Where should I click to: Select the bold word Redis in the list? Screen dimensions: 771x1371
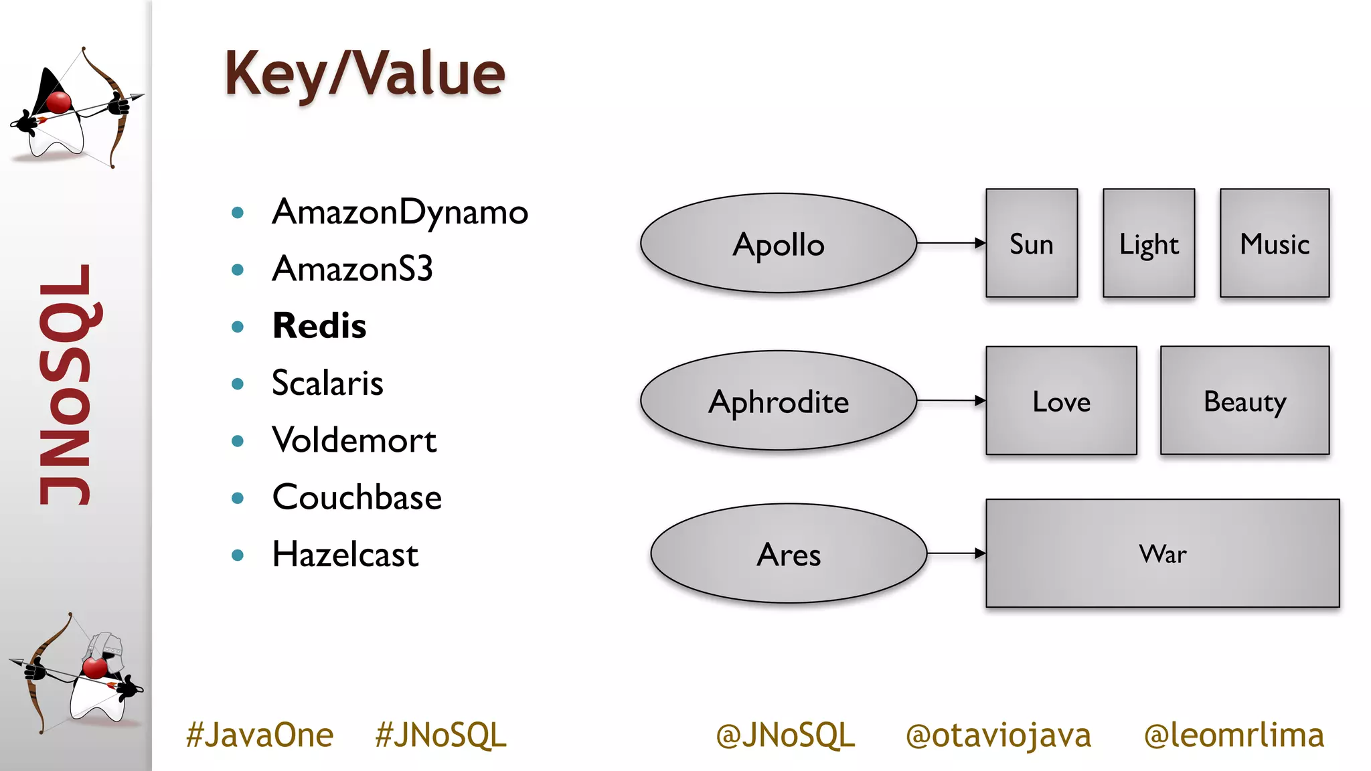(319, 326)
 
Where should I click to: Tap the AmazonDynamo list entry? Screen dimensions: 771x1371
(400, 213)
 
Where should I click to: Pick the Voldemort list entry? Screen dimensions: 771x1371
(354, 440)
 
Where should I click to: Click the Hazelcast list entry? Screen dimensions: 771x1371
(345, 555)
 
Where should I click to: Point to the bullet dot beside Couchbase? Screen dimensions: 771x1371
(237, 498)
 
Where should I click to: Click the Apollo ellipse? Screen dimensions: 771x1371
(778, 244)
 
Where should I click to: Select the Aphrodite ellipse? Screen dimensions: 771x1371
(778, 401)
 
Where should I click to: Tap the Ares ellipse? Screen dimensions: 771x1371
(789, 553)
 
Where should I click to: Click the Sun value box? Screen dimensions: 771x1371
(1031, 244)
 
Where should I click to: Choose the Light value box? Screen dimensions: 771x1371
(1149, 244)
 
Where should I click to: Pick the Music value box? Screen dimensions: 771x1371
(1275, 244)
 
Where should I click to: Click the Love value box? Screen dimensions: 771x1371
(1061, 401)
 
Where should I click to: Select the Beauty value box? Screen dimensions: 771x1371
(1244, 401)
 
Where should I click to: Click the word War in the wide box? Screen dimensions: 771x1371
(1163, 554)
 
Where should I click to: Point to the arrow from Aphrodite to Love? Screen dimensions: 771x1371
(951, 401)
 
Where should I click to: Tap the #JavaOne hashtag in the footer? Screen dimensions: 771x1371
(260, 735)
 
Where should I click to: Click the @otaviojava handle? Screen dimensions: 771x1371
(998, 735)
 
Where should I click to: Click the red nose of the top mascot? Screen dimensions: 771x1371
(59, 102)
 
